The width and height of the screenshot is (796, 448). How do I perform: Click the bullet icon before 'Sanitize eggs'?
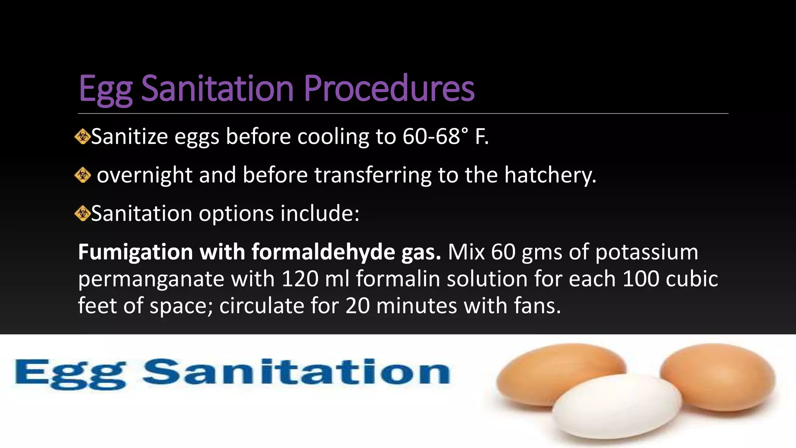click(x=82, y=137)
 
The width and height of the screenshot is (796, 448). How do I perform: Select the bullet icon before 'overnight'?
click(x=82, y=175)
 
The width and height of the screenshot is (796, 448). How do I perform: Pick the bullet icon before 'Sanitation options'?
click(x=82, y=213)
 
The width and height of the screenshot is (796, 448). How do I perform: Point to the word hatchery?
click(x=550, y=175)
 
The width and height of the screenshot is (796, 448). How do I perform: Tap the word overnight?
click(x=145, y=175)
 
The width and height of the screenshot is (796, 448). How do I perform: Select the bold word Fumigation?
click(x=135, y=252)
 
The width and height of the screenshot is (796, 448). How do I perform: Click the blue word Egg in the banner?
click(x=70, y=373)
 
